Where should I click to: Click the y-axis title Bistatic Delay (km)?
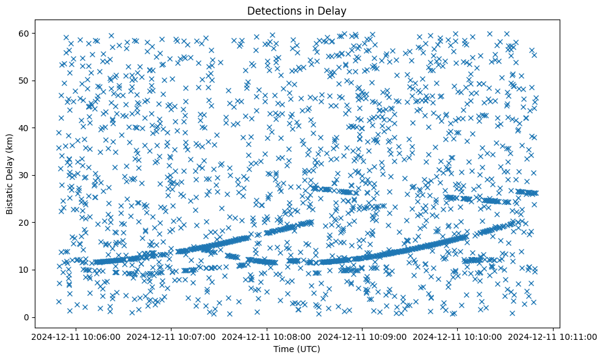click(10, 173)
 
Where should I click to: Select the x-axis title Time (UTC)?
click(296, 350)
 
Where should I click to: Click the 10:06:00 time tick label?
click(76, 336)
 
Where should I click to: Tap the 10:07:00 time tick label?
click(172, 336)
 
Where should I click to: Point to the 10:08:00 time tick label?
click(267, 336)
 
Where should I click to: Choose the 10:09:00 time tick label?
click(363, 336)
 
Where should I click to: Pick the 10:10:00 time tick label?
click(458, 336)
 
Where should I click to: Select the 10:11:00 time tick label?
click(553, 336)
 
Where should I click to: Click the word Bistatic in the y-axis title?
click(10, 195)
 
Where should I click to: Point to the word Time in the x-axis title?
click(283, 350)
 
